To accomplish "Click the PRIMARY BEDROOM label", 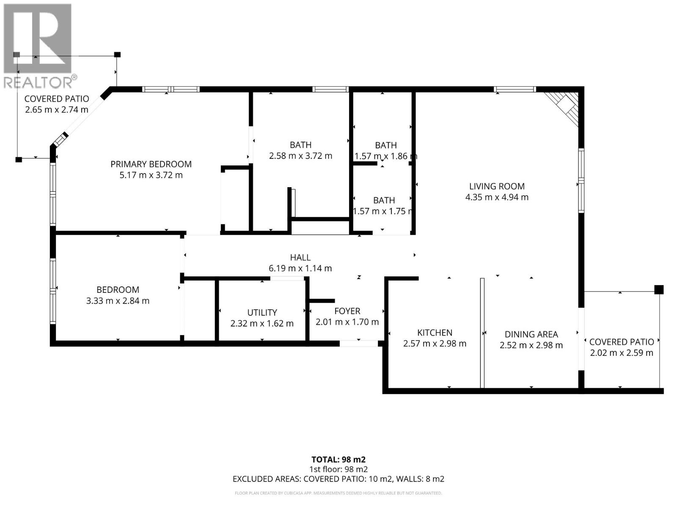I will [151, 164].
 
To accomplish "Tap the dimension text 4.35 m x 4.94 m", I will [497, 197].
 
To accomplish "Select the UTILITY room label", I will [262, 313].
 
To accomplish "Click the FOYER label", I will [347, 311].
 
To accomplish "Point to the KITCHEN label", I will [435, 333].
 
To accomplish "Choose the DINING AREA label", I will [531, 334].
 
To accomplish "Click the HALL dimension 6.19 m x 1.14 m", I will [300, 268].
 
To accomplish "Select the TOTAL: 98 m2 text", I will [338, 460].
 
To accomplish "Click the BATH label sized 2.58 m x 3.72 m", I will [300, 145].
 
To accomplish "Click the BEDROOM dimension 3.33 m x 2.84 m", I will [118, 301].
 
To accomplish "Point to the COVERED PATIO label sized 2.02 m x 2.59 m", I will [621, 342].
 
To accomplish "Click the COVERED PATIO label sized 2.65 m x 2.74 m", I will [57, 99].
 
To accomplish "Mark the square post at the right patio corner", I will [658, 290].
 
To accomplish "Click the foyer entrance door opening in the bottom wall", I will [359, 343].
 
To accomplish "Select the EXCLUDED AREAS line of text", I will [338, 479].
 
